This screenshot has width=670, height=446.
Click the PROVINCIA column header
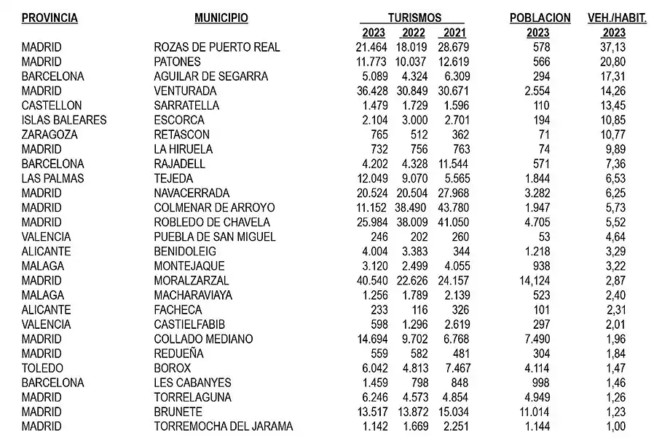tap(50, 18)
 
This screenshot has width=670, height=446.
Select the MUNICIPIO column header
tap(221, 18)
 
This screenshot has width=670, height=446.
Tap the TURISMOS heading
tap(414, 18)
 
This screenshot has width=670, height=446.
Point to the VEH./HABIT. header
tap(617, 18)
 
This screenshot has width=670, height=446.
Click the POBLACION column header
tap(540, 18)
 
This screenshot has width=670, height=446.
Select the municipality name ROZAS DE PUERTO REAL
tap(217, 47)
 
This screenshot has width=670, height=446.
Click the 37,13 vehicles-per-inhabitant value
tap(612, 47)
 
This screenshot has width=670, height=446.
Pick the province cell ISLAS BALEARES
tap(64, 120)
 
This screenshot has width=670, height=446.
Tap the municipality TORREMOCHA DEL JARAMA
tap(223, 426)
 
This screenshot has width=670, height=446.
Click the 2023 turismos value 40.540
tap(367, 280)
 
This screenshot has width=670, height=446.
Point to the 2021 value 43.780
tap(454, 207)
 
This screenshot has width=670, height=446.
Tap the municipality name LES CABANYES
tap(192, 383)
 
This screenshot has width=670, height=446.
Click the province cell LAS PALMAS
tap(53, 178)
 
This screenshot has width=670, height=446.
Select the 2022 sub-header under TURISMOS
tap(412, 33)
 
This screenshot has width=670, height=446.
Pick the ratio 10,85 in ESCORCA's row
tap(612, 120)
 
